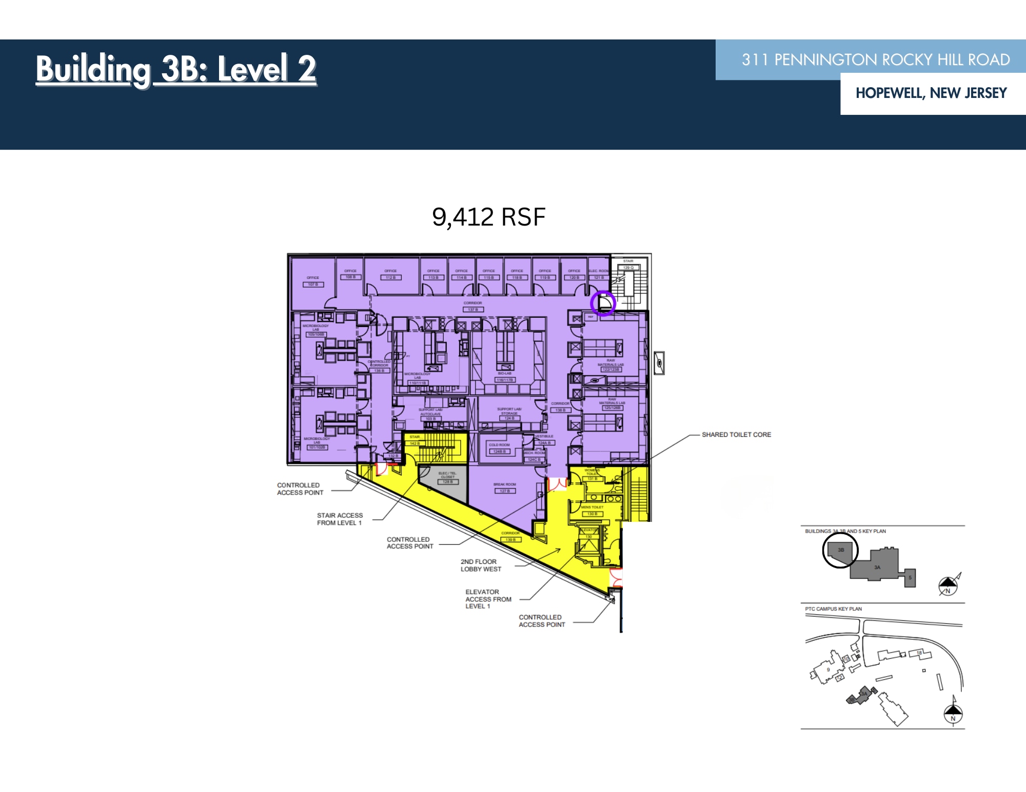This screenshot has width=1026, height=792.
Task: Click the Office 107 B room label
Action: click(x=313, y=281)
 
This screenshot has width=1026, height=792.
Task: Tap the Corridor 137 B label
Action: click(x=473, y=307)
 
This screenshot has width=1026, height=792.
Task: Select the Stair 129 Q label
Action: click(x=628, y=265)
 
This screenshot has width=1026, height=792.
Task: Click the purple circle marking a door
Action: click(x=603, y=303)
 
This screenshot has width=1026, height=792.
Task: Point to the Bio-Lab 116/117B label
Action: click(x=505, y=377)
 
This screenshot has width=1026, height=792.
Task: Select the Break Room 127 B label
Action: click(x=505, y=488)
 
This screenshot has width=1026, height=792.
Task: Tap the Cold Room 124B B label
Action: click(x=499, y=449)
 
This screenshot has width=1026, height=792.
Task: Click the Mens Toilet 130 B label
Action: click(x=592, y=511)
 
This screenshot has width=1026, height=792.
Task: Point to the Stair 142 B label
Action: click(x=415, y=440)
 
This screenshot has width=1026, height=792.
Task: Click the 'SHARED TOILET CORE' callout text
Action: click(x=736, y=435)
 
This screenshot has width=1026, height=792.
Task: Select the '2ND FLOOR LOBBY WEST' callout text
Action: click(x=481, y=565)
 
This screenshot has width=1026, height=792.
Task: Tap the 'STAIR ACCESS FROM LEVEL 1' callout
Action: click(x=340, y=519)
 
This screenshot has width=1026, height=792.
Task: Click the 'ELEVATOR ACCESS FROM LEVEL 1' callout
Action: click(x=488, y=599)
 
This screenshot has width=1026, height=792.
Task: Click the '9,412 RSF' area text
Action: click(x=488, y=217)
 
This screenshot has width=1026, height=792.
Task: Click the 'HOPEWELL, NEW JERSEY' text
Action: click(x=931, y=93)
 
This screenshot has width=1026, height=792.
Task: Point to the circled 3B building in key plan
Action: click(x=840, y=550)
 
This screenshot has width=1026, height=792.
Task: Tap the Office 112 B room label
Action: click(x=390, y=274)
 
